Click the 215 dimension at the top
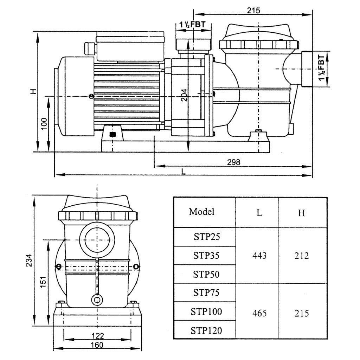[x=253, y=10]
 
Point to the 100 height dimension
[x=44, y=124]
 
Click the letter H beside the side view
[x=33, y=91]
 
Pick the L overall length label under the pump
[x=183, y=171]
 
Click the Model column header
[x=201, y=212]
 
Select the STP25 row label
[x=206, y=237]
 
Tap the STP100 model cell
[x=206, y=311]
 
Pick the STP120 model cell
[x=206, y=330]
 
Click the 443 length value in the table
[x=259, y=256]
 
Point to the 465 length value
[x=259, y=313]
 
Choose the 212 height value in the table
[x=302, y=256]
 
